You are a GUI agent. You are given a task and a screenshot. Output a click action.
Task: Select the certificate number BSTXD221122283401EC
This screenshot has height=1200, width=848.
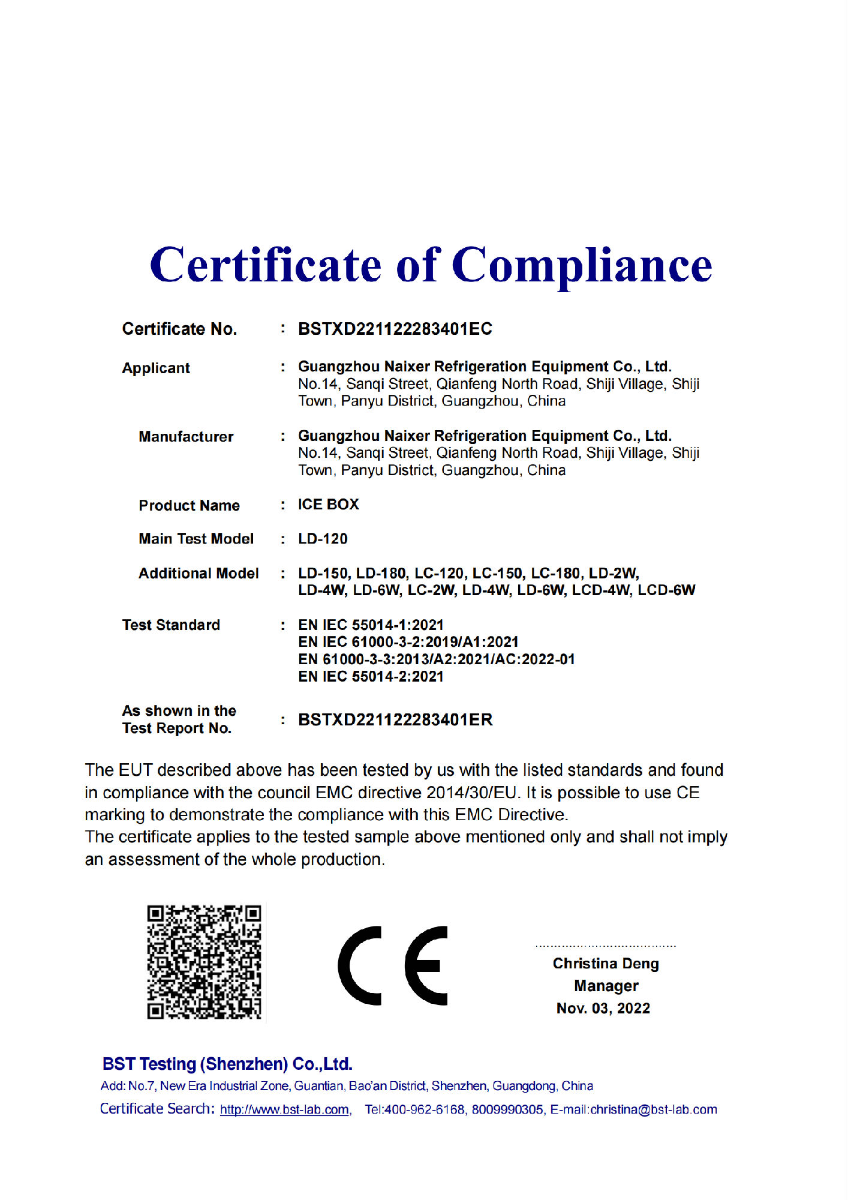[x=395, y=329]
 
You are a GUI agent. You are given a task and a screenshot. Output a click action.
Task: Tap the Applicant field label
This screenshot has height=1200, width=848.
[x=156, y=368]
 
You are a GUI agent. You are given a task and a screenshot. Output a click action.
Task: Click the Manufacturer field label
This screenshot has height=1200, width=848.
[x=186, y=436]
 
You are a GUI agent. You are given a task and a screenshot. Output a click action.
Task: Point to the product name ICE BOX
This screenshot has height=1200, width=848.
[x=328, y=505]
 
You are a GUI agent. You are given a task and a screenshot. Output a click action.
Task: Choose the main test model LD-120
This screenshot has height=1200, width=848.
[x=323, y=539]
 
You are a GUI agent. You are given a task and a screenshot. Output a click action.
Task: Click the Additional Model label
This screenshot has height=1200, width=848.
[x=199, y=573]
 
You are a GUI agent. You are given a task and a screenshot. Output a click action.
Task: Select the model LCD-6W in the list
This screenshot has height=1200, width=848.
[x=666, y=590]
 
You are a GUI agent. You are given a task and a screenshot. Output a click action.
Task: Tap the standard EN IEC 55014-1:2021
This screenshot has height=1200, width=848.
[x=371, y=625]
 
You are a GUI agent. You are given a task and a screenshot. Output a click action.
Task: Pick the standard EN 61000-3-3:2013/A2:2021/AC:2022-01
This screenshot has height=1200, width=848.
[x=436, y=659]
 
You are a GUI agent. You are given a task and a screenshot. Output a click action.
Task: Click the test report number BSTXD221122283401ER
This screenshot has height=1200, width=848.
[x=395, y=719]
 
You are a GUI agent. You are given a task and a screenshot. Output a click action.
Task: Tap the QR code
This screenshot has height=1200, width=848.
[x=204, y=962]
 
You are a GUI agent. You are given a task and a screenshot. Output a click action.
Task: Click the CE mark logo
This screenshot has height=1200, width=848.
[x=393, y=965]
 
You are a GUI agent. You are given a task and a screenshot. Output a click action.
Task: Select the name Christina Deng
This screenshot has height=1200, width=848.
[x=606, y=964]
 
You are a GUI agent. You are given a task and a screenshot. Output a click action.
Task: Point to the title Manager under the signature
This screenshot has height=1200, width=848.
[x=606, y=986]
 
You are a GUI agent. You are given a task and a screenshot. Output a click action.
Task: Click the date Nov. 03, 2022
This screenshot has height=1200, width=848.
[x=603, y=1008]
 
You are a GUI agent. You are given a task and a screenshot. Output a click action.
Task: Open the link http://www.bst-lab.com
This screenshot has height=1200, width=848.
[x=285, y=1109]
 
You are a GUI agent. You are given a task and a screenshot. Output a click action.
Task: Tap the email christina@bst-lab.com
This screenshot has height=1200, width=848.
[x=653, y=1109]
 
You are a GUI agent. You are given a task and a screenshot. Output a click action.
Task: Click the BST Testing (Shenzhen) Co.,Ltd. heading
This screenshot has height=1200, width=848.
[x=227, y=1064]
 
